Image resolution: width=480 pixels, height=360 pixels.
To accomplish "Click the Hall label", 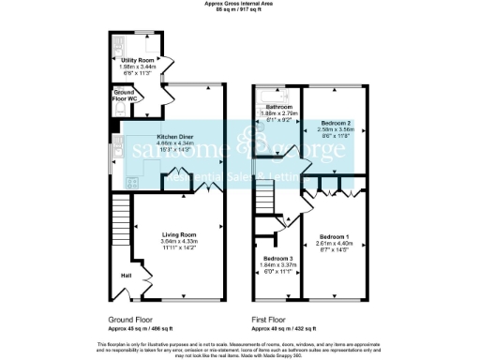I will pyautogui.click(x=125, y=276).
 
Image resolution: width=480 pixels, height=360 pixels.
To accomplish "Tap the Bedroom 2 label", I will pyautogui.click(x=335, y=124).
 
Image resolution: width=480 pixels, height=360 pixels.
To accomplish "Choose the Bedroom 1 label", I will pyautogui.click(x=333, y=236).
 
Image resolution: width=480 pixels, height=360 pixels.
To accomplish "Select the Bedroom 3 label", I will pyautogui.click(x=277, y=258).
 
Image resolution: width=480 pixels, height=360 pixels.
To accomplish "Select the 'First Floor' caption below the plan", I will pyautogui.click(x=272, y=319).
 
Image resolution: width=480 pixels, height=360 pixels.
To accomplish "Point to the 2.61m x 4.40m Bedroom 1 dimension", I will pyautogui.click(x=333, y=244).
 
